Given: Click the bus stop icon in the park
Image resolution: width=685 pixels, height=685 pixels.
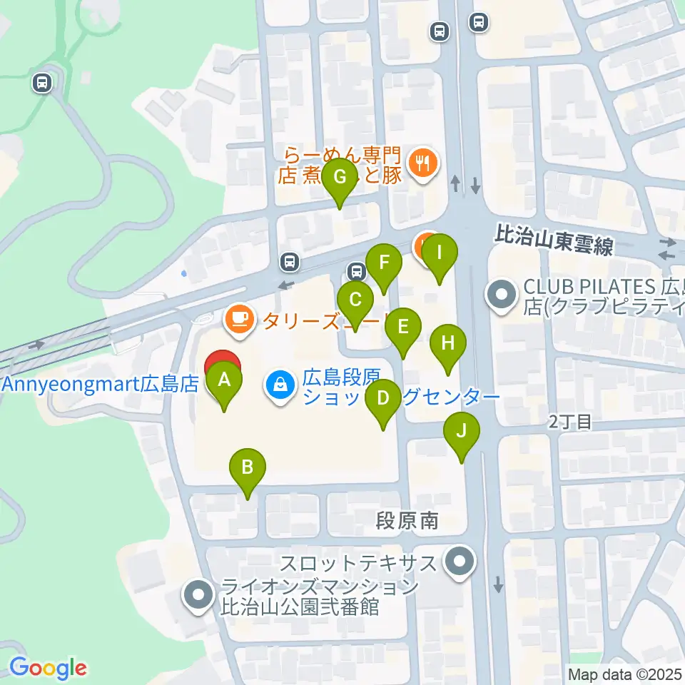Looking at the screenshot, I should click(43, 84).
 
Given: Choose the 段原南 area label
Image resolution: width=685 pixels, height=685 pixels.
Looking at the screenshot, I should click(407, 522).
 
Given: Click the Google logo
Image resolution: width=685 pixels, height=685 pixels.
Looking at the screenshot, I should click(48, 668).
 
